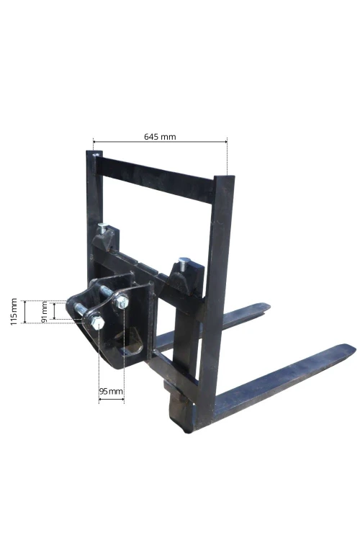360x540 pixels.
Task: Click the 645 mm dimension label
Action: coord(160,137)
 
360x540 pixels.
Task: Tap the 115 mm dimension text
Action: coord(14,312)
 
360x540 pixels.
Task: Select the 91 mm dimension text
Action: coord(44,312)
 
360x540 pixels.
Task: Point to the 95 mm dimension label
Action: coord(111,391)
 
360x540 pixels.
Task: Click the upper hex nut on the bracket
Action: coord(121,302)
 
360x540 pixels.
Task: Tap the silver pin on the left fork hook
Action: coord(103,228)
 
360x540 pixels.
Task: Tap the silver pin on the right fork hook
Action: coord(184,262)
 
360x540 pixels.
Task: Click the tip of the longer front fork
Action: coord(354,348)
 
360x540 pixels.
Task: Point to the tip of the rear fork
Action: coord(268,306)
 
